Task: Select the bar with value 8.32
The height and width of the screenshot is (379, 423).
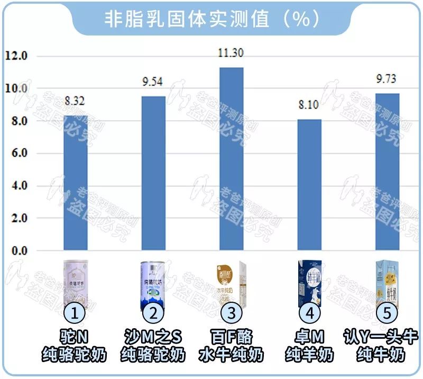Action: (76, 183)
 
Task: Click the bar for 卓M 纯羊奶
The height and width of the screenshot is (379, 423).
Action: (309, 185)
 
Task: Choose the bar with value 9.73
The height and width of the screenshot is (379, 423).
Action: (388, 172)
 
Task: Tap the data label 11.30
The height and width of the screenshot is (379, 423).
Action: (231, 53)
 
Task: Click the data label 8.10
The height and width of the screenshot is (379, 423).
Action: (309, 105)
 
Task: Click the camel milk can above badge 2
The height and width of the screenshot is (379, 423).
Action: (153, 283)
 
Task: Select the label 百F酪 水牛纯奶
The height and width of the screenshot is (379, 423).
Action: (231, 346)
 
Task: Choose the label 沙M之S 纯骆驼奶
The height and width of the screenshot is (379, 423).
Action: (153, 346)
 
